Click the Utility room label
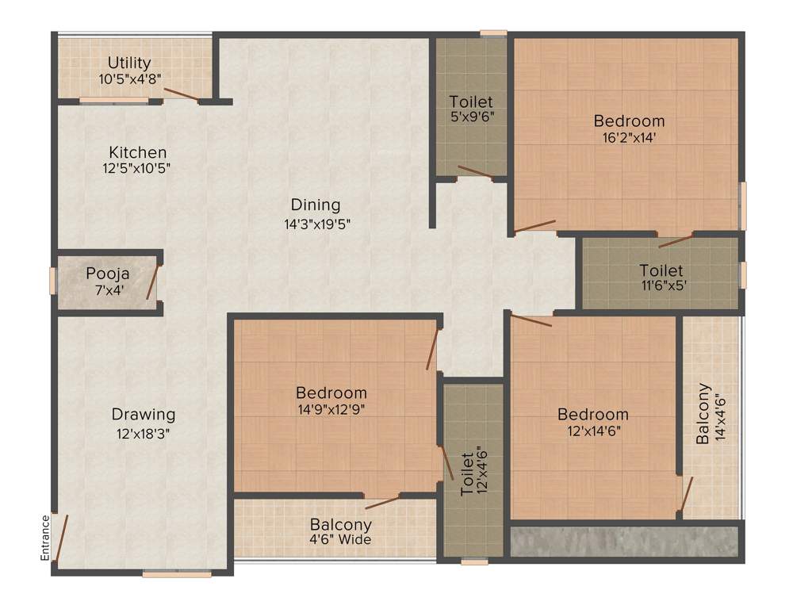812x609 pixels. tap(129, 63)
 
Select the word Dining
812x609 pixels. tap(315, 205)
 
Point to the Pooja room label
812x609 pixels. tap(108, 274)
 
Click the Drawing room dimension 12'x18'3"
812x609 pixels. tap(143, 434)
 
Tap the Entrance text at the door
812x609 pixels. tap(45, 538)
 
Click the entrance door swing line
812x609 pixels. tap(61, 537)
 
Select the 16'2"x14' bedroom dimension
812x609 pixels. tap(629, 137)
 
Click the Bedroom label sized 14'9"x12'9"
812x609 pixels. tap(331, 393)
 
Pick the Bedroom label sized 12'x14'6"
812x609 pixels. tap(592, 414)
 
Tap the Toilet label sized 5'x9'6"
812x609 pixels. tap(470, 101)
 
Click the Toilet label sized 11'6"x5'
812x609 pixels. tap(661, 271)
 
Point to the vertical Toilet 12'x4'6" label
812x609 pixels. tap(467, 474)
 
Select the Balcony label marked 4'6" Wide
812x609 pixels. tap(340, 525)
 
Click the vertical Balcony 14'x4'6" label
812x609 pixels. tap(703, 413)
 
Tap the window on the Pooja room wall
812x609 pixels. tap(52, 282)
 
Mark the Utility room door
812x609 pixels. tap(182, 94)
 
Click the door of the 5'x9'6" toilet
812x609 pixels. tap(475, 172)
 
